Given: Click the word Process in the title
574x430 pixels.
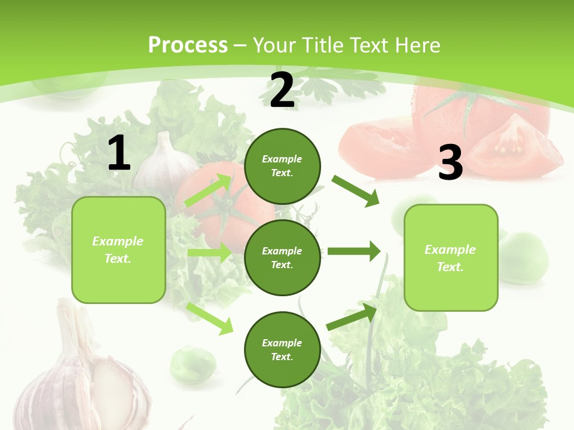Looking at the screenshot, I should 188,45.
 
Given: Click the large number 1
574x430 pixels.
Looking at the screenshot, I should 119,153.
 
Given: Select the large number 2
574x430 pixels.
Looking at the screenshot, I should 282,91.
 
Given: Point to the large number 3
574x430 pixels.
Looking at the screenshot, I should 450,163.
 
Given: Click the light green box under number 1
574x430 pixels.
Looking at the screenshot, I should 118,250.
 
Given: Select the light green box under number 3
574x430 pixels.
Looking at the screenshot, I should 451,258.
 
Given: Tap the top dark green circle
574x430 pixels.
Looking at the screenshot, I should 282,166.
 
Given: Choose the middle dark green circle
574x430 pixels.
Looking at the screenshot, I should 282,257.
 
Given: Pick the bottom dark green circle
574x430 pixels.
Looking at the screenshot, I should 282,349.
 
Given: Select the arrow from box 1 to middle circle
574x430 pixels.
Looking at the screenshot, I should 209,253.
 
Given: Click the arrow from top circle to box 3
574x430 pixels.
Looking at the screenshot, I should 355,191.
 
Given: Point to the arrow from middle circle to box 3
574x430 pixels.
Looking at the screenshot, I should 353,251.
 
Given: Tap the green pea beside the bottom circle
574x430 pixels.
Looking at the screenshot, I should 193,364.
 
